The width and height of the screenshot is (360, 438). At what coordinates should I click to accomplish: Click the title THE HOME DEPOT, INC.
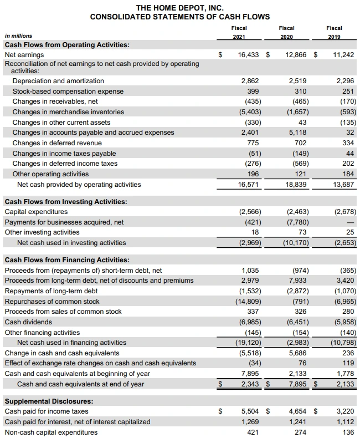(179, 7)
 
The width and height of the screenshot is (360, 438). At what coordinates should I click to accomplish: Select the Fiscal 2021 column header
(239, 32)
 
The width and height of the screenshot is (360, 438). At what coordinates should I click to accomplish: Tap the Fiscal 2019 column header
(334, 32)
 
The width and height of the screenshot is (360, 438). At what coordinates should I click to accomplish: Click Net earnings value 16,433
(248, 55)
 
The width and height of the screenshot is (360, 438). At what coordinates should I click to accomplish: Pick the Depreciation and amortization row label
(58, 81)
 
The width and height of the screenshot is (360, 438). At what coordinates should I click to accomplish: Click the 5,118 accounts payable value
(298, 133)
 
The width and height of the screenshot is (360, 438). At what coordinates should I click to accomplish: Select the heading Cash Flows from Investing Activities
(66, 201)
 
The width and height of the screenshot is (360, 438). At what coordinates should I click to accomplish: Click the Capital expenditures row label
(36, 212)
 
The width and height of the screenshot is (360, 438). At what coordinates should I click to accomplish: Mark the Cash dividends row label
(28, 322)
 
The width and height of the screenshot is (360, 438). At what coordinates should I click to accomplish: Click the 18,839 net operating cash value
(296, 185)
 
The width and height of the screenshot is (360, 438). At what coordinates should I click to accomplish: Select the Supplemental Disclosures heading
(49, 401)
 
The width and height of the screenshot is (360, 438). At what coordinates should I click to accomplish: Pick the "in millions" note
(18, 35)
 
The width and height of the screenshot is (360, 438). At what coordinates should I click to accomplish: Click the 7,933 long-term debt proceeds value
(298, 281)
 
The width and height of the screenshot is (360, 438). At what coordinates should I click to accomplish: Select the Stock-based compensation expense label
(68, 91)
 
